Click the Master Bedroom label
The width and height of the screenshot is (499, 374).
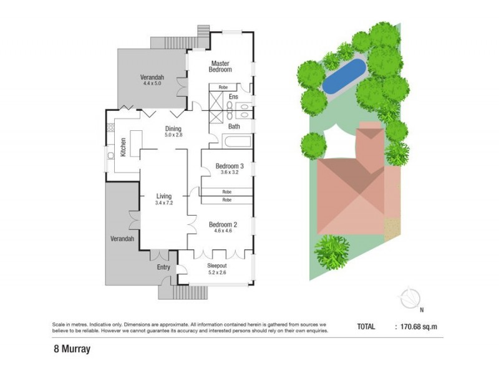[x=220, y=67]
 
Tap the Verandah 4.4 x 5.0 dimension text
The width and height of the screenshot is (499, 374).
[x=152, y=83]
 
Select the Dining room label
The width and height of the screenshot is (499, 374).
[x=173, y=129]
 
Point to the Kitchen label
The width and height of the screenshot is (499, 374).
[x=123, y=147]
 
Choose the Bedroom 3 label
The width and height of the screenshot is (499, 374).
[x=230, y=166]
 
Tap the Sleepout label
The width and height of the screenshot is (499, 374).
[x=218, y=266]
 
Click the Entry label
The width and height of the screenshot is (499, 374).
[x=164, y=267]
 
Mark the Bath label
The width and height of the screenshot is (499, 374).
[x=234, y=127]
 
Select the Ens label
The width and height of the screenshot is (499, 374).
[x=233, y=97]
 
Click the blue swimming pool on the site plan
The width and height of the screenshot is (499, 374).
[x=344, y=75]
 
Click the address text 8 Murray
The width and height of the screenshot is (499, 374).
[x=72, y=350]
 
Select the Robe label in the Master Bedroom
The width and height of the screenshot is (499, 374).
[x=223, y=87]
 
